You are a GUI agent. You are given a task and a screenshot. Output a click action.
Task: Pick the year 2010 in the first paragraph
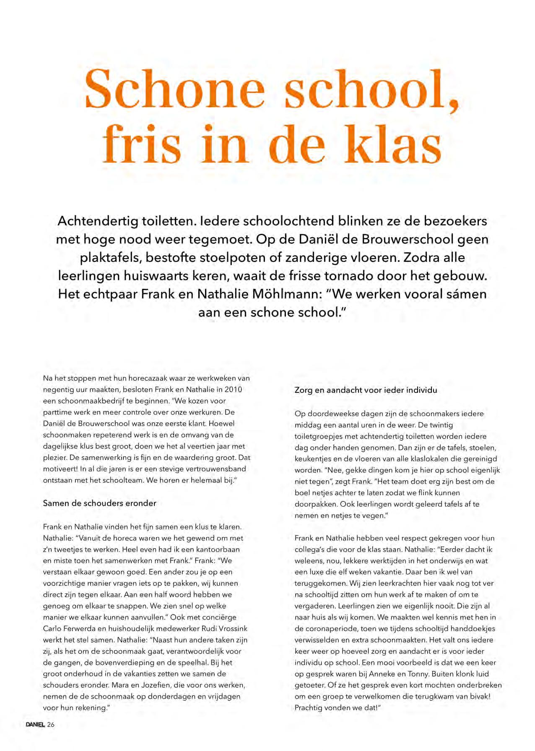[x=234, y=390]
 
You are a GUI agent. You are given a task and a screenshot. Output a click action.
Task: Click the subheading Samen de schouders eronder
[x=99, y=503]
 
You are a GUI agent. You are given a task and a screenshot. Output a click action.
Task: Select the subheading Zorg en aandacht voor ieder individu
[x=366, y=390]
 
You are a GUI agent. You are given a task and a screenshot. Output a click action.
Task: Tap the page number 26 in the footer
[x=51, y=725]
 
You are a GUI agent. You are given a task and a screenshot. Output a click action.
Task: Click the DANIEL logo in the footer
[x=35, y=725]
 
